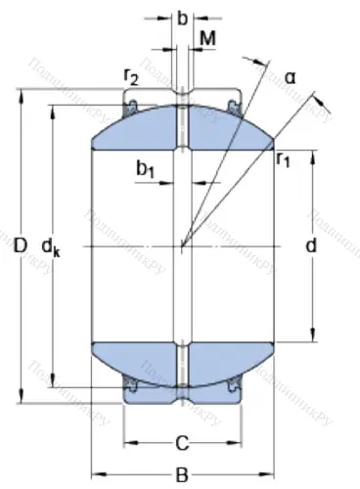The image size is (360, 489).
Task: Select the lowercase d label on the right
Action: pos(311,246)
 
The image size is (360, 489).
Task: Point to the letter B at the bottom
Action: pos(182,474)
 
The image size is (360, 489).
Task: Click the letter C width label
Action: pos(181,444)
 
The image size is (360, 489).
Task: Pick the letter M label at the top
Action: pos(207,38)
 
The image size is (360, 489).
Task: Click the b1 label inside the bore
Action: pos(147,170)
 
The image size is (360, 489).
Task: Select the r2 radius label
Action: pos(130,77)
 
